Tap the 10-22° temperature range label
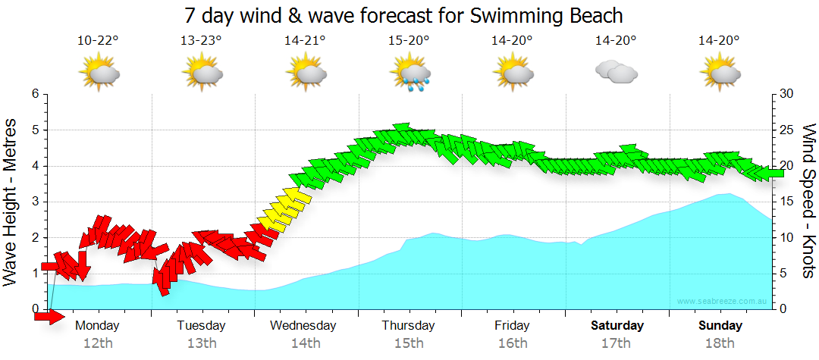[x=98, y=41]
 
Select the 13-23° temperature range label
[x=201, y=41]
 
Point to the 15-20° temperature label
[x=409, y=41]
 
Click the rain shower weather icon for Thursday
[x=410, y=74]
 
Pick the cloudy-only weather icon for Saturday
[x=616, y=72]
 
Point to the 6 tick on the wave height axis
[x=34, y=94]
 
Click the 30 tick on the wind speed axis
[x=788, y=94]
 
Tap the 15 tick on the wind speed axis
[x=788, y=202]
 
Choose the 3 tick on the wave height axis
[x=34, y=202]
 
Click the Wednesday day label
[x=303, y=326]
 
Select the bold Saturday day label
[x=617, y=326]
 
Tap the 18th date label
[x=720, y=343]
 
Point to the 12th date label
[x=98, y=343]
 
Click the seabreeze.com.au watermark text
[x=723, y=302]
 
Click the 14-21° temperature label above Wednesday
[x=305, y=41]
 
